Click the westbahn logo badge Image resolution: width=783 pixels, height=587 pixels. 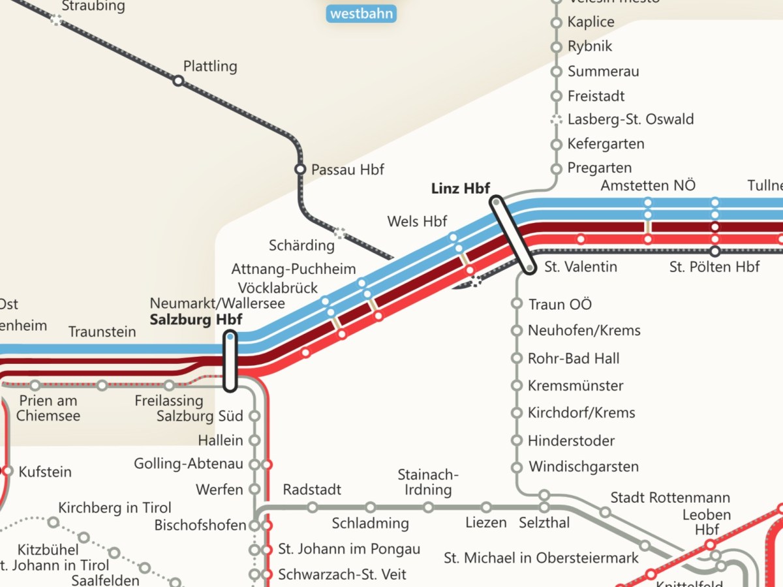tap(361, 13)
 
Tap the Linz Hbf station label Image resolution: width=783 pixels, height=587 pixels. tap(461, 188)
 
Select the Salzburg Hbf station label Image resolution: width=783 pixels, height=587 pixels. tap(196, 320)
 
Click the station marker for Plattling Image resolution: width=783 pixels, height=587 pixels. tap(177, 81)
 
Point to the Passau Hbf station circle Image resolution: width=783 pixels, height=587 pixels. tap(300, 170)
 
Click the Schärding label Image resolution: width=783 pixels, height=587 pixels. tap(301, 246)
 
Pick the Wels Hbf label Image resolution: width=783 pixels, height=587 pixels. tap(417, 221)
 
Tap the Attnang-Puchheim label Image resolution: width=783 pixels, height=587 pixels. tap(294, 269)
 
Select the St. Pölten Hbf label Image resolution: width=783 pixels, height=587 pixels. tap(714, 267)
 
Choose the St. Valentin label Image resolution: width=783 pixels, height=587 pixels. tap(572, 267)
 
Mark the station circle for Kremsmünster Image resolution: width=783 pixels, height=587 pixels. tap(517, 385)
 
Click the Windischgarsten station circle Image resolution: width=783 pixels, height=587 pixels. tap(517, 467)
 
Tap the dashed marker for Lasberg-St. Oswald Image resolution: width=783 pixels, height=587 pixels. tap(556, 120)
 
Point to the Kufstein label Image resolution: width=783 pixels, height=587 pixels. tap(45, 472)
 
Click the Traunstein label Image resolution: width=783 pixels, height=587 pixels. tap(102, 332)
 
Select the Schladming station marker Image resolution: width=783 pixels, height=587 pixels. tap(371, 507)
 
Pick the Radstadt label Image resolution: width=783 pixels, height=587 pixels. tap(312, 490)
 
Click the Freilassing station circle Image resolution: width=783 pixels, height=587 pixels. tap(170, 385)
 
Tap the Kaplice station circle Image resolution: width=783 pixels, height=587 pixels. tap(556, 23)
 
